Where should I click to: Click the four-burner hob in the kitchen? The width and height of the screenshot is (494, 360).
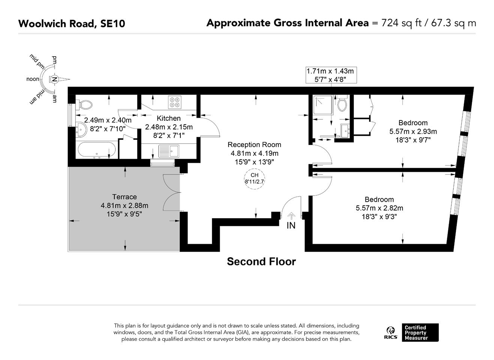(x=175, y=102)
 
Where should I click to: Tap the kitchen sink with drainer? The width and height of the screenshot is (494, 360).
(x=169, y=151)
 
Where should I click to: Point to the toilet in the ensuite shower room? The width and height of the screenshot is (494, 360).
(x=342, y=103)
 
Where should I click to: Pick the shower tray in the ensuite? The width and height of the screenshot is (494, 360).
(x=323, y=105)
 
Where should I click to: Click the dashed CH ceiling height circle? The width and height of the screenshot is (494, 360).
(x=254, y=178)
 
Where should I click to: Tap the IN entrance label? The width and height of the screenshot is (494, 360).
(x=291, y=225)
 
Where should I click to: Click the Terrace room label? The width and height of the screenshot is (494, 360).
(x=125, y=196)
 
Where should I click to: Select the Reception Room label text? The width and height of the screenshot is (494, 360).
(x=254, y=145)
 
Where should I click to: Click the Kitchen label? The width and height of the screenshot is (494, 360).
(x=169, y=118)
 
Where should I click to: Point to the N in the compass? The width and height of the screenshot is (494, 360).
(x=54, y=79)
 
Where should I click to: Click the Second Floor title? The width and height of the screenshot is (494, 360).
(x=261, y=261)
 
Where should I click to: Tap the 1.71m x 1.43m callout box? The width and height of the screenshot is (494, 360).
(x=331, y=75)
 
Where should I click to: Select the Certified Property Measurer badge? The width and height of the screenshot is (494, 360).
(x=420, y=333)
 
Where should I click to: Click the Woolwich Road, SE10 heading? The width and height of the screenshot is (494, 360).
(x=72, y=24)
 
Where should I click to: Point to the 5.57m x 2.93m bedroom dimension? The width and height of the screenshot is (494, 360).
(x=413, y=131)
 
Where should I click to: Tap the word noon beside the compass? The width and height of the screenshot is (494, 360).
(x=33, y=79)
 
